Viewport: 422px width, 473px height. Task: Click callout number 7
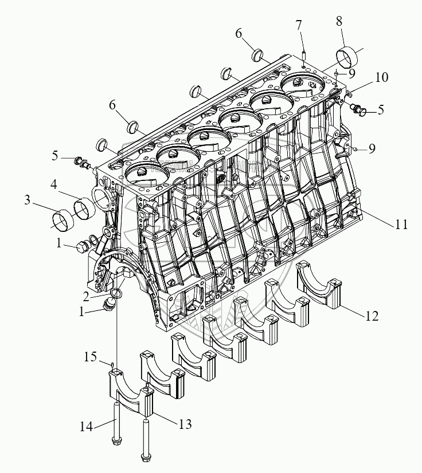pos(299,25)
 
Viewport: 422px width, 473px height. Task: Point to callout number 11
pos(401,225)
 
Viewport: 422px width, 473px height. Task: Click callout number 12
pos(372,316)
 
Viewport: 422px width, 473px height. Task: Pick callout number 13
pos(185,424)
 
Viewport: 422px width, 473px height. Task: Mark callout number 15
pos(90,357)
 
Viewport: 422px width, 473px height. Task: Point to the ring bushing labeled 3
pos(62,219)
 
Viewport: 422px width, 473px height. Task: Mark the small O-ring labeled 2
pos(116,293)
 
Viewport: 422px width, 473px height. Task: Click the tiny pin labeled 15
pos(114,365)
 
